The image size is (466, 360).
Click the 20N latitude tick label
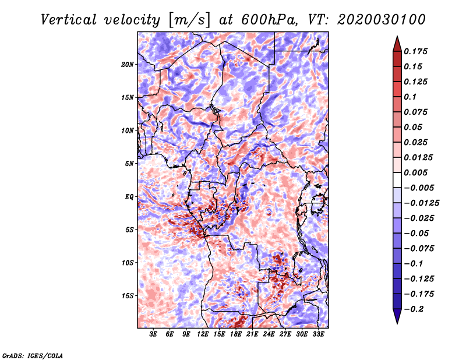coord(128,64)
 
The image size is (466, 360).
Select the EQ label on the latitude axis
coord(129,196)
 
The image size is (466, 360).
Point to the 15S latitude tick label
coord(128,295)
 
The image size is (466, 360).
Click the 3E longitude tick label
coord(154,334)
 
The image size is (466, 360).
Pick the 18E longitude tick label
coord(236,334)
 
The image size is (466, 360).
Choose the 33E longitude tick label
coord(318,334)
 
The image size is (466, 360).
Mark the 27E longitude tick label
coord(285,334)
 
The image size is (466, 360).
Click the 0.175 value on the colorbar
coord(417,51)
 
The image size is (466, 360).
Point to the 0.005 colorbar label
coord(417,172)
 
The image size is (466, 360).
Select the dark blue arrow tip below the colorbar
coord(397,319)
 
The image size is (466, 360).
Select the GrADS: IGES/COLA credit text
coord(32,355)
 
